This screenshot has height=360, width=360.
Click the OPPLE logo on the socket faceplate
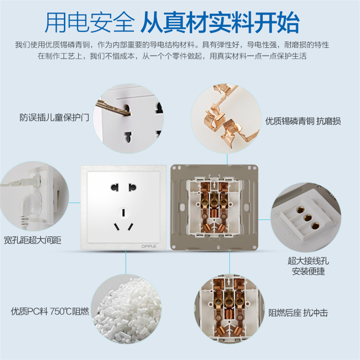click(149, 246)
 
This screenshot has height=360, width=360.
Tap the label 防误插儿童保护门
click(54, 117)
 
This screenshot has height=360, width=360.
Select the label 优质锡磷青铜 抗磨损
click(303, 121)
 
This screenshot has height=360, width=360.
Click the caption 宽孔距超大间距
click(33, 240)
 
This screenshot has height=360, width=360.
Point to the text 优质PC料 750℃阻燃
click(50, 312)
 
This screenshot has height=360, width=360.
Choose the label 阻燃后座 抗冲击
click(298, 312)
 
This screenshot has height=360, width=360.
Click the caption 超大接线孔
click(308, 261)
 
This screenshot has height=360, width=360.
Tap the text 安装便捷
click(308, 271)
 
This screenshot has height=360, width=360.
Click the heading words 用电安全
click(89, 23)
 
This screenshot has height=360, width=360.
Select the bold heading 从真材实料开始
click(220, 23)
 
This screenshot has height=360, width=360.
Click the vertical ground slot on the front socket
click(123, 213)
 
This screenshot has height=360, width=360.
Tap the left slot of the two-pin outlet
click(115, 187)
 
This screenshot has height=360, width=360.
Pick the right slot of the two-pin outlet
click(132, 187)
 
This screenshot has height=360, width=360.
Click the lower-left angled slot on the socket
click(117, 227)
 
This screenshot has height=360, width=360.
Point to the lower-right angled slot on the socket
click(131, 227)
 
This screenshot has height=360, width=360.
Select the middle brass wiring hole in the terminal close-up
click(307, 217)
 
